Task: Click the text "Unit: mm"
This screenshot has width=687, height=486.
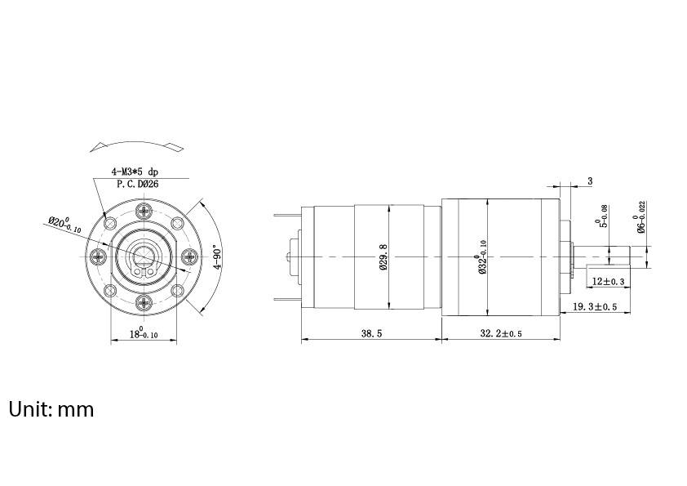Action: [x=51, y=408]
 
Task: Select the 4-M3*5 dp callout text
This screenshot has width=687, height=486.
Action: [x=135, y=172]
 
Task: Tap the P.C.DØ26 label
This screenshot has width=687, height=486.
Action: [x=136, y=185]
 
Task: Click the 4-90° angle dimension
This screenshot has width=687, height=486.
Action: [x=216, y=256]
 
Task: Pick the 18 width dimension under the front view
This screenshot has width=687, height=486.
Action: [x=144, y=333]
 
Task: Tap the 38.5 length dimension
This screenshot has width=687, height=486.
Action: [x=370, y=333]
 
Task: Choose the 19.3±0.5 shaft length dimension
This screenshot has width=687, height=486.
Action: [x=594, y=306]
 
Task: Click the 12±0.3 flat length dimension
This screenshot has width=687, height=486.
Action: [x=607, y=282]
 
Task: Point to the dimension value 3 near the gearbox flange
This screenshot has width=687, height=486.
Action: [x=589, y=181]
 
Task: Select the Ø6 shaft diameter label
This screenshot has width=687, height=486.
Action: [x=642, y=217]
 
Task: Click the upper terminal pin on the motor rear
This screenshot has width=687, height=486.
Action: [x=288, y=215]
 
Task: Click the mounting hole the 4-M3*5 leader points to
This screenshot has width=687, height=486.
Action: [x=109, y=222]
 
